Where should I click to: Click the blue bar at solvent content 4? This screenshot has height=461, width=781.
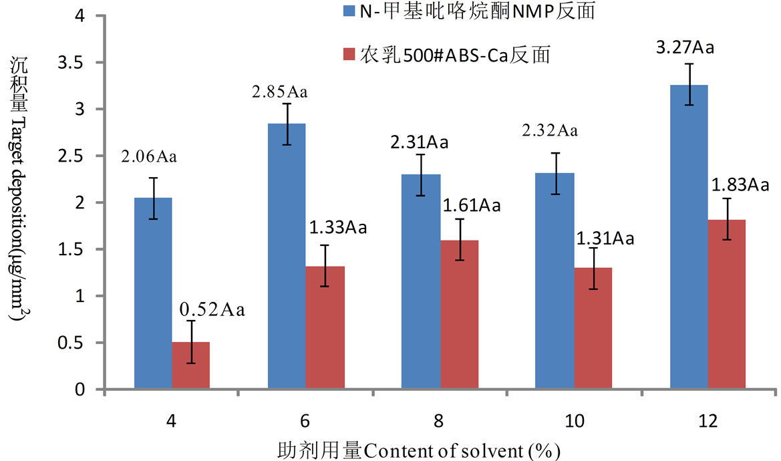click(x=153, y=294)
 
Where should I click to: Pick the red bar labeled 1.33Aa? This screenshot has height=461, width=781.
click(x=325, y=327)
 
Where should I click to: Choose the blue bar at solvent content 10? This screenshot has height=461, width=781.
click(x=555, y=281)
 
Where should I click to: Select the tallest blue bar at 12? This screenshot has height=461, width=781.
click(x=689, y=237)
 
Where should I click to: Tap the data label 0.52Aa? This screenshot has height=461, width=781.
click(x=211, y=310)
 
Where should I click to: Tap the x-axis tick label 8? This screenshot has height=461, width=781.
click(x=440, y=422)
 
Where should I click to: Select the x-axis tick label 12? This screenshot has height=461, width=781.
click(x=708, y=422)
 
